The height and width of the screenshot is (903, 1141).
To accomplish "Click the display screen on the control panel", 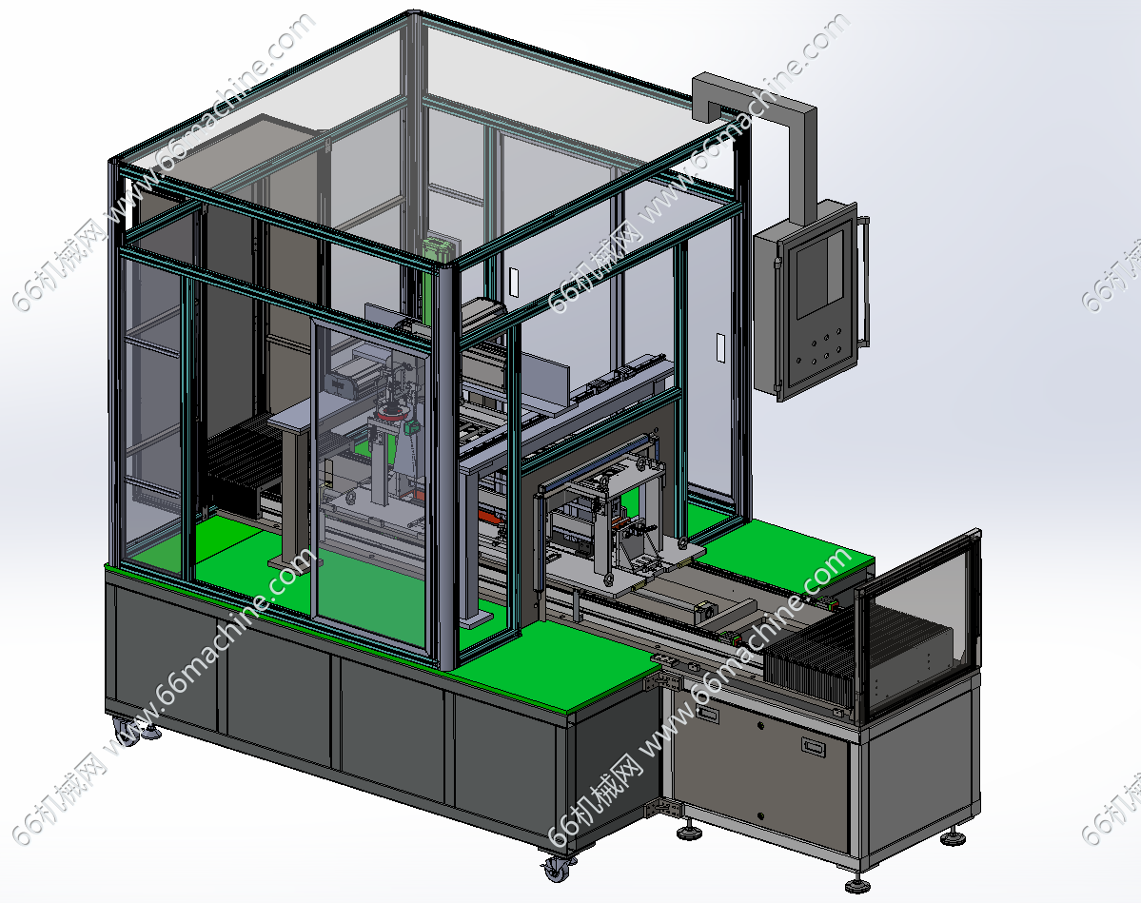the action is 819,274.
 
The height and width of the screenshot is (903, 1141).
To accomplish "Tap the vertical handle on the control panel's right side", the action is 864,280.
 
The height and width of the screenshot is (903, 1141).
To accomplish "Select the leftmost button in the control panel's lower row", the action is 799,362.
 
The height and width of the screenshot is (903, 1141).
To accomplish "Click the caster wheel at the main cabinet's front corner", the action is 558,867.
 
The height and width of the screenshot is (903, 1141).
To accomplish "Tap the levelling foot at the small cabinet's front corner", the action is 858,883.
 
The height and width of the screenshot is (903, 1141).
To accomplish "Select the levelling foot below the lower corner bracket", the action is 688,831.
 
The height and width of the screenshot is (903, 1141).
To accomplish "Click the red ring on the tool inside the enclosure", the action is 391,414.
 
